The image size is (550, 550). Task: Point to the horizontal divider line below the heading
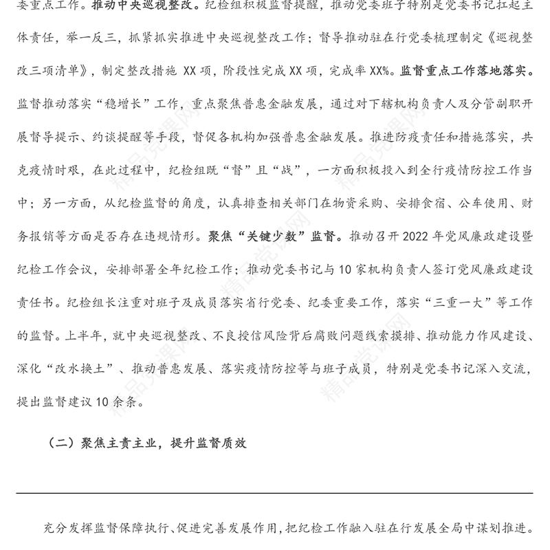(x=275, y=493)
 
